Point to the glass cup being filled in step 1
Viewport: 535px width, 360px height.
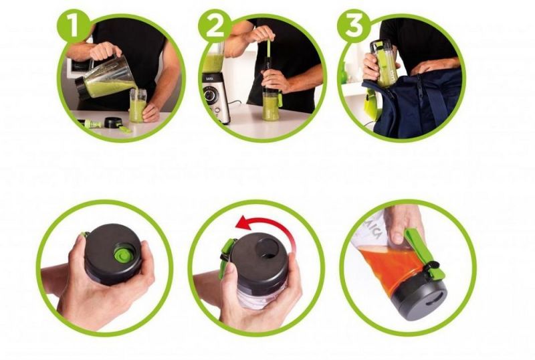137,105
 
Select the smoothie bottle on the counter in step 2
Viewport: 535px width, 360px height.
271,104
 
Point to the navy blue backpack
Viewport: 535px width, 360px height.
415,104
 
